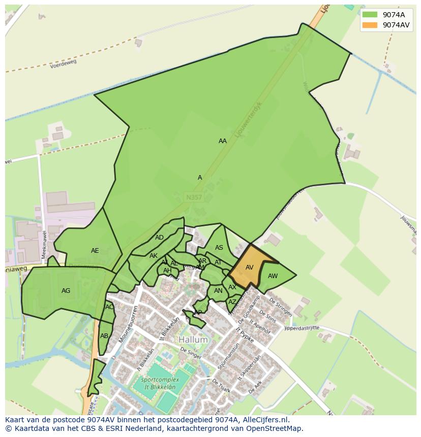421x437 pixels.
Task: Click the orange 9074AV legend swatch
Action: coord(370,25)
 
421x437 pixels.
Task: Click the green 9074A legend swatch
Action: coord(370,15)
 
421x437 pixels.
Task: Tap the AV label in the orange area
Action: coord(250,267)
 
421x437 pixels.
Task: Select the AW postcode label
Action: coord(273,276)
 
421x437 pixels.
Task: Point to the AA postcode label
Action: coord(223,141)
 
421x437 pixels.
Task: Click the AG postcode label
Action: coord(66,291)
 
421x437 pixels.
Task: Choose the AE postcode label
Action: coord(95,251)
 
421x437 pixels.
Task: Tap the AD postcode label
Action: coord(160,238)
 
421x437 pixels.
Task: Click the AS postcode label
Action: coord(219,248)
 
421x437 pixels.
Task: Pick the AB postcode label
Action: coord(104,336)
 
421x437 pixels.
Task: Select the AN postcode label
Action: coord(218,291)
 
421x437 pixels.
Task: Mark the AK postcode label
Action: coord(154,256)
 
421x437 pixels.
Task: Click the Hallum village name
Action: coord(193,340)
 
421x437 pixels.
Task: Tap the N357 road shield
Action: coord(193,197)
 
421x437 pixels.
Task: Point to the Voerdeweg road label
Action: coord(63,63)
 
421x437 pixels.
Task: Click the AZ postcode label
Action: coord(232,302)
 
